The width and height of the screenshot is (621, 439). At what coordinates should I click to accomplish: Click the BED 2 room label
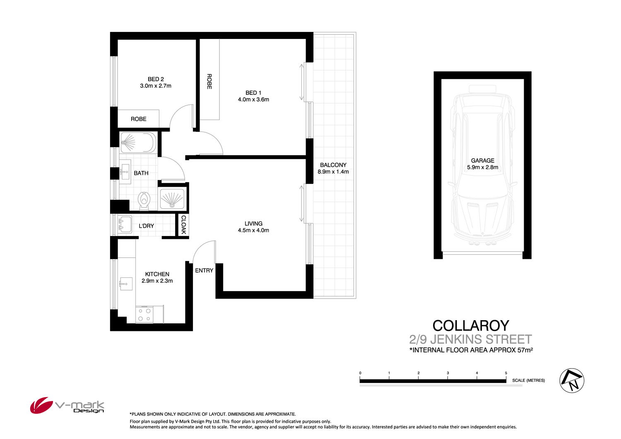156,79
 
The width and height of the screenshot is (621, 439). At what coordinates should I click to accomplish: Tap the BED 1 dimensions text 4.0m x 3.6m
253,99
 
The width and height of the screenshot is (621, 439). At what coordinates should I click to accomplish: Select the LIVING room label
253,224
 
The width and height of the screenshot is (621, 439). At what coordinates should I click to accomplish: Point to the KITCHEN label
157,274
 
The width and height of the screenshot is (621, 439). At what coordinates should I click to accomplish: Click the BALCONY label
333,165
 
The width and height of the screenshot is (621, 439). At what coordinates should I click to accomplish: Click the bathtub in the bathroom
138,142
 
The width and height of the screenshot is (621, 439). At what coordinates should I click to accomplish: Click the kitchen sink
125,284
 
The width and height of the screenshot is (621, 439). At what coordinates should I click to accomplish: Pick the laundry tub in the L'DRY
125,225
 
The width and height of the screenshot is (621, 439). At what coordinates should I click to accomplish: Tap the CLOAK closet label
183,225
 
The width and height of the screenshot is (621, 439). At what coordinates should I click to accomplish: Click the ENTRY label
204,270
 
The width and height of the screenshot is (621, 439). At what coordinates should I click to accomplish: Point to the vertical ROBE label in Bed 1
209,82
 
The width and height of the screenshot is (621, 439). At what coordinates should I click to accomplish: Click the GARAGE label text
482,161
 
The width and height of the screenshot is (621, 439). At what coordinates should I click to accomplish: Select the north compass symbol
572,380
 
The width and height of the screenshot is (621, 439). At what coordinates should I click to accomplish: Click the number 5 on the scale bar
506,373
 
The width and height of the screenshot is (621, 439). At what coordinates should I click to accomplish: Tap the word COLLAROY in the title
471,326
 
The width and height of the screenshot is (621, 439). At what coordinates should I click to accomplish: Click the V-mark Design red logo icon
41,405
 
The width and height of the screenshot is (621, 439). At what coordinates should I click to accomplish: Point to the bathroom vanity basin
125,171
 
